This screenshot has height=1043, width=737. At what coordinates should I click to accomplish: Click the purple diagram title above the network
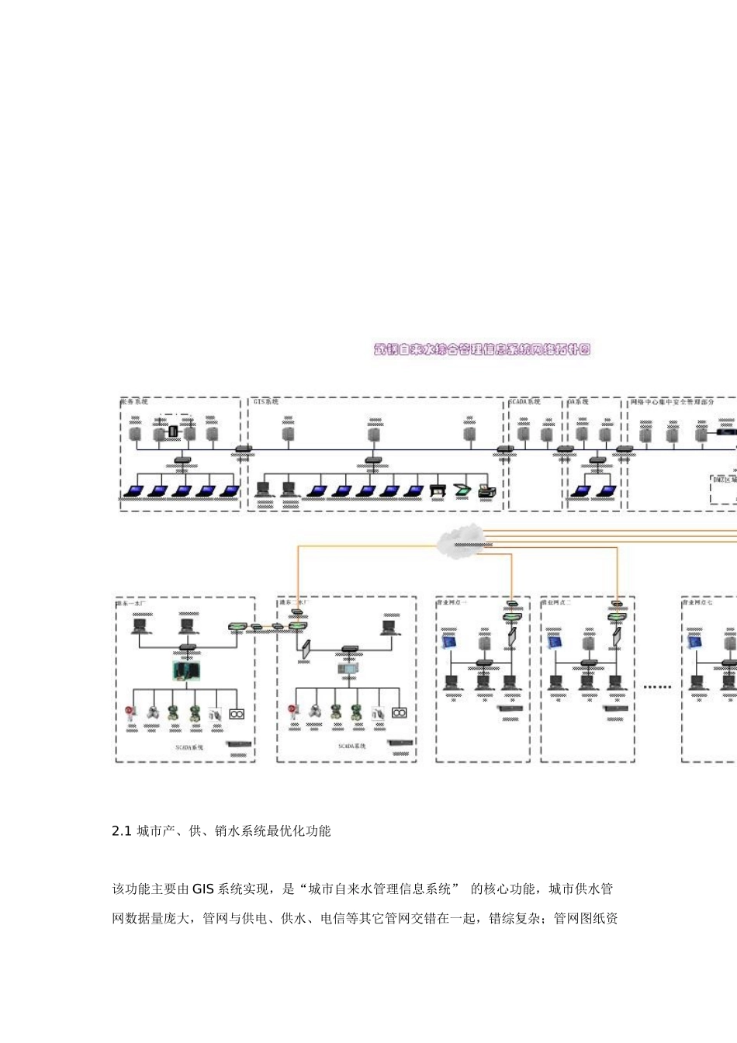(x=482, y=349)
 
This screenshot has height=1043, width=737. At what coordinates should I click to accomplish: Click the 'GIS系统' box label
(x=266, y=402)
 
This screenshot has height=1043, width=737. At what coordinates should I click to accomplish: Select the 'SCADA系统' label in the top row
(x=524, y=402)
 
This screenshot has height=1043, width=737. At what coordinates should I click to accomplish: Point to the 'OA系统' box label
(x=578, y=402)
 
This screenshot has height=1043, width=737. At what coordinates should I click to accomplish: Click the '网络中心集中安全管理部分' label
(x=672, y=402)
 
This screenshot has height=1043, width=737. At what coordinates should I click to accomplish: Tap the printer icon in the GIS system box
(x=486, y=490)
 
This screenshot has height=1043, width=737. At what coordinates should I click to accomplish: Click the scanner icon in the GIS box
(x=462, y=490)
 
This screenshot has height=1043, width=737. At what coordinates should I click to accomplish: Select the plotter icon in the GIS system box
(x=438, y=490)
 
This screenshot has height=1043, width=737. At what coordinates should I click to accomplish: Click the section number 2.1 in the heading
(x=122, y=831)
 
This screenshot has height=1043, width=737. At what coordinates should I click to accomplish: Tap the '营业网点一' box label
(x=452, y=602)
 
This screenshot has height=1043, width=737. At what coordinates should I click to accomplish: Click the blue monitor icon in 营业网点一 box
(x=449, y=642)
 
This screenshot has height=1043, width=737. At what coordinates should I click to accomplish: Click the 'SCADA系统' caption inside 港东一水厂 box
(x=189, y=747)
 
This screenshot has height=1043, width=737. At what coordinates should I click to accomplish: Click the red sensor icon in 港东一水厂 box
(x=130, y=712)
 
